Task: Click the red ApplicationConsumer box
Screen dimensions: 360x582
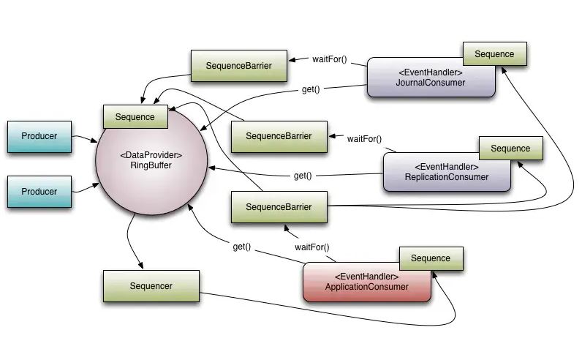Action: [366, 284]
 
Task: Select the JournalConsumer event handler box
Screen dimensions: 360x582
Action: [430, 80]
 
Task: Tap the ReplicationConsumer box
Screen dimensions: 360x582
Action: [446, 173]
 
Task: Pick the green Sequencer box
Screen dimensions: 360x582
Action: [151, 286]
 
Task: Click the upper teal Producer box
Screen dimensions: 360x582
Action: [39, 136]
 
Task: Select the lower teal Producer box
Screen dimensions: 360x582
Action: [39, 191]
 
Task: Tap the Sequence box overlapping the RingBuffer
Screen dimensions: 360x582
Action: [135, 117]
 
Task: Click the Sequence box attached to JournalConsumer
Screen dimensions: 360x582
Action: [494, 54]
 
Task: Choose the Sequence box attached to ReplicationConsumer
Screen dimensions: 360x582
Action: [510, 149]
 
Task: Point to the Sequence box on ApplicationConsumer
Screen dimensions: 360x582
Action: [431, 258]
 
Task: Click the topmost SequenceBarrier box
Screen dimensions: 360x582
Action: [238, 66]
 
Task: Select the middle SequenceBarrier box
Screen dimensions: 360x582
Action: [278, 136]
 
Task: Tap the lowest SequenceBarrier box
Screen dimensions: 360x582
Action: [278, 207]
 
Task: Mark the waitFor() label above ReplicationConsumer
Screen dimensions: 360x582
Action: [364, 138]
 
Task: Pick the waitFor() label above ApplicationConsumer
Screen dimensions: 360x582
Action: [311, 247]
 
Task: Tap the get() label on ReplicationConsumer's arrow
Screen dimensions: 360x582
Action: [303, 176]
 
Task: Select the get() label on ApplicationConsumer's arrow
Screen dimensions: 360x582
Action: [242, 247]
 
